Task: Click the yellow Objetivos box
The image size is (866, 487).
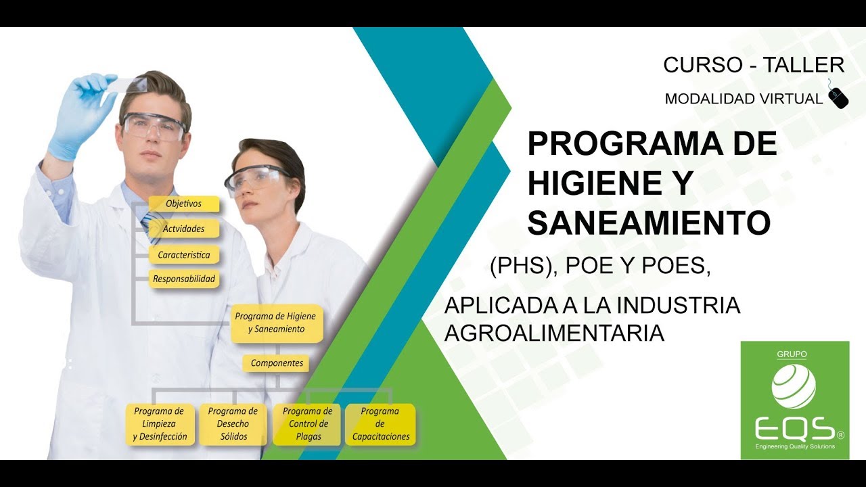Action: (x=183, y=204)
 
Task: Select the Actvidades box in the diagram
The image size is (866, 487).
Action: (x=183, y=229)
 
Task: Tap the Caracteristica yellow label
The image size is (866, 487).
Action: (x=183, y=255)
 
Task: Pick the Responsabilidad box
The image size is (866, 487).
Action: (x=183, y=278)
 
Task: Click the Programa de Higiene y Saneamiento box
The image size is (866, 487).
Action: (x=276, y=323)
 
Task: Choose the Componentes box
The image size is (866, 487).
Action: (x=276, y=363)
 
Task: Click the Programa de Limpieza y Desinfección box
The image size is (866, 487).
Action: (x=160, y=424)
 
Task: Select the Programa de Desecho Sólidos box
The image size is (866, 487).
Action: (x=233, y=424)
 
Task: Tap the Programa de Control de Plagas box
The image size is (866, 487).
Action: (x=307, y=424)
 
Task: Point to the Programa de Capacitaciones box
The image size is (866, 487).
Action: (x=380, y=424)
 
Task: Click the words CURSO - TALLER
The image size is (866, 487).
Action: (x=753, y=65)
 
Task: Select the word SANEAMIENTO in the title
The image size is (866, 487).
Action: (x=648, y=223)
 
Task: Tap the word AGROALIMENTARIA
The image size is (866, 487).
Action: (x=554, y=333)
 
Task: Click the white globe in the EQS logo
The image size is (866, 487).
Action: (x=794, y=386)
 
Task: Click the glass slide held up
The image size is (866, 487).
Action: (x=130, y=85)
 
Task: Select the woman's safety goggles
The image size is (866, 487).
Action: (x=256, y=179)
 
